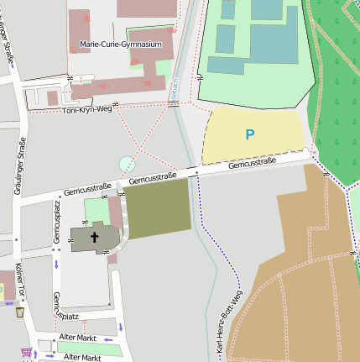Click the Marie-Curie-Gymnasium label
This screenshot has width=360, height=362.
[120, 44]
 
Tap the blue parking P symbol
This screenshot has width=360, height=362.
[249, 134]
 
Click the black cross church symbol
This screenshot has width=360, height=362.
[95, 239]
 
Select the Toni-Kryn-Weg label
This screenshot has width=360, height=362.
[87, 109]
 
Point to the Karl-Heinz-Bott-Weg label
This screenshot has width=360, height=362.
[232, 320]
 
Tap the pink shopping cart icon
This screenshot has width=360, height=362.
[26, 352]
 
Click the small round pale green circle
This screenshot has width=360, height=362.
[127, 164]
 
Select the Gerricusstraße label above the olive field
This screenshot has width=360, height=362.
[152, 177]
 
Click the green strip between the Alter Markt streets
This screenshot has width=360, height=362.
[88, 347]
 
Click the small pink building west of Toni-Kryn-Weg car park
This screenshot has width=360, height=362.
[52, 98]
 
